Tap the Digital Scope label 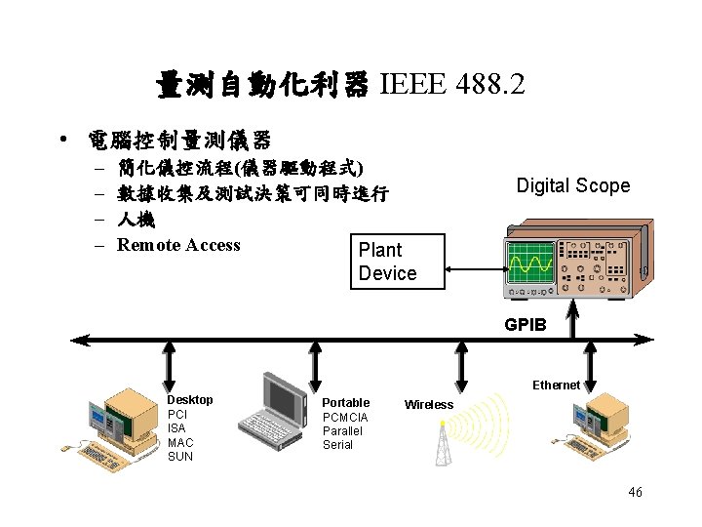click(572, 185)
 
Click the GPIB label click(526, 325)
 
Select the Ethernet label click(556, 385)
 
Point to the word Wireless click(429, 404)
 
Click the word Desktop click(190, 400)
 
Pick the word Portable click(346, 403)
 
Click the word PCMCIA click(345, 418)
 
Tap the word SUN click(180, 457)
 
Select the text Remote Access click(178, 245)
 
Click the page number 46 click(635, 493)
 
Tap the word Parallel click(342, 431)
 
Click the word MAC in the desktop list click(180, 442)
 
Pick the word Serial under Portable click(337, 445)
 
